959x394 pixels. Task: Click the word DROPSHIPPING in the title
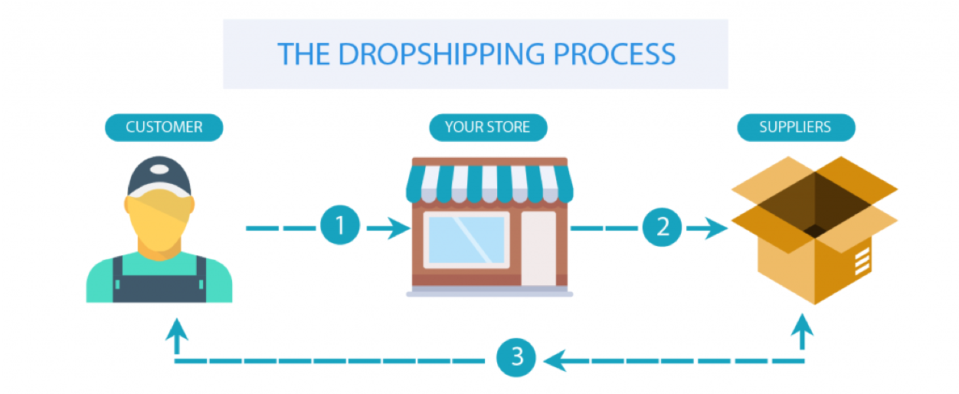441,54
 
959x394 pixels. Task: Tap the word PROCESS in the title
614,54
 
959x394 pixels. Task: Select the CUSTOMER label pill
164,127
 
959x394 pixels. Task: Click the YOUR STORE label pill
488,127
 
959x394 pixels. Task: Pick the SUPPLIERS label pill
796,127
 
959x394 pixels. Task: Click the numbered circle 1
340,225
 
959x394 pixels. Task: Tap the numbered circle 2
662,227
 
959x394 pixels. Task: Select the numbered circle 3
516,357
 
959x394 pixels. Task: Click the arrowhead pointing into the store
398,228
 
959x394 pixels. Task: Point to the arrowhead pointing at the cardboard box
716,228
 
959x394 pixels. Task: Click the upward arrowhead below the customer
176,330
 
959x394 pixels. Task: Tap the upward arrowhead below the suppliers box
802,326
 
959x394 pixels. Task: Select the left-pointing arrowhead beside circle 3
555,360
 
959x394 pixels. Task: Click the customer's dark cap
159,176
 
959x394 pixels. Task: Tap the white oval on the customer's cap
159,169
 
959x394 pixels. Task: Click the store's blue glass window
466,240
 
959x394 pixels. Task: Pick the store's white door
538,248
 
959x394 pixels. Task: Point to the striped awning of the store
489,183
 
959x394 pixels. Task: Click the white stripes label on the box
862,261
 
